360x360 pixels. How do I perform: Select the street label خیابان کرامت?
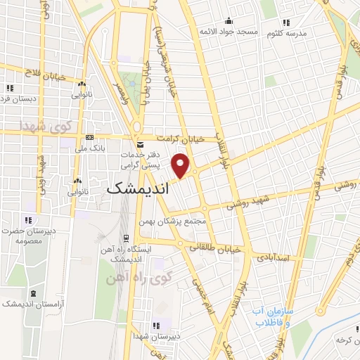tap(181, 139)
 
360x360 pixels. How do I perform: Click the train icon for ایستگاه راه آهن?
tap(126, 238)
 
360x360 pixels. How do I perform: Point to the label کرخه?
tap(345, 340)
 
